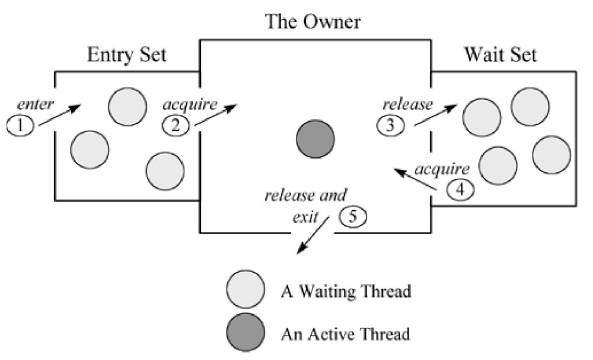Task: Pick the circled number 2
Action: point(176,125)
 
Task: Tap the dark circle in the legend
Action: point(245,332)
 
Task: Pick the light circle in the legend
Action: point(245,291)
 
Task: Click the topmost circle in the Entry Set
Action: point(125,104)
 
